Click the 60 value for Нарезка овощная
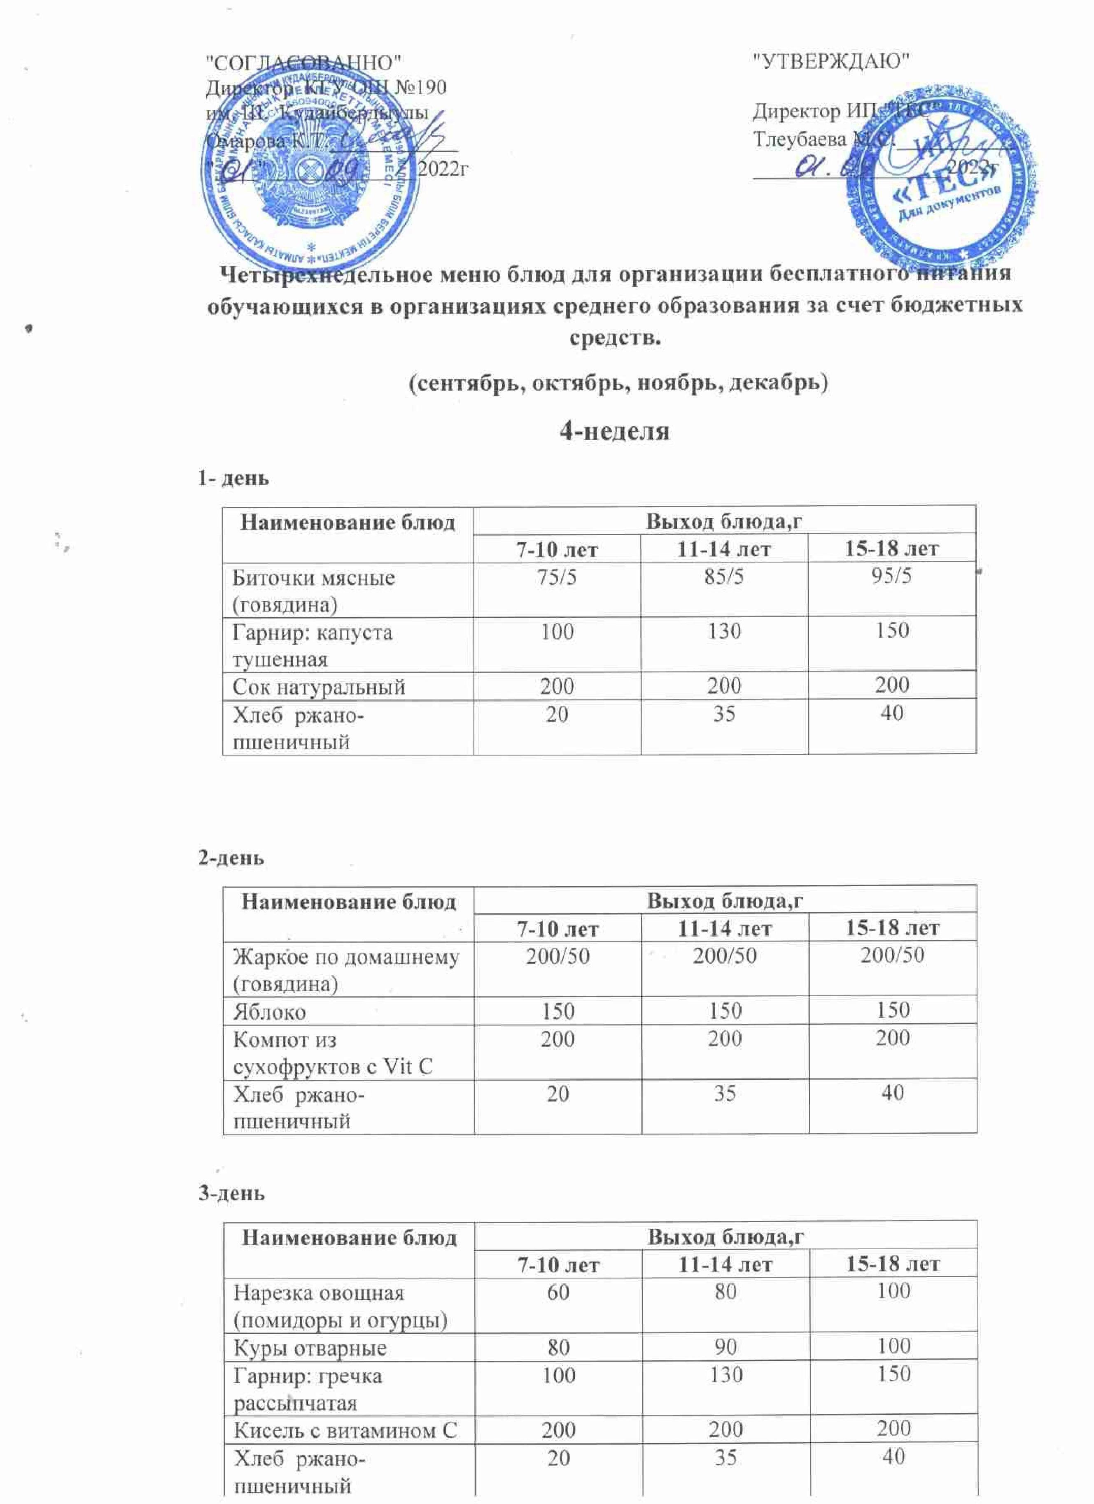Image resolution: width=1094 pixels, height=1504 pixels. tap(559, 1291)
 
